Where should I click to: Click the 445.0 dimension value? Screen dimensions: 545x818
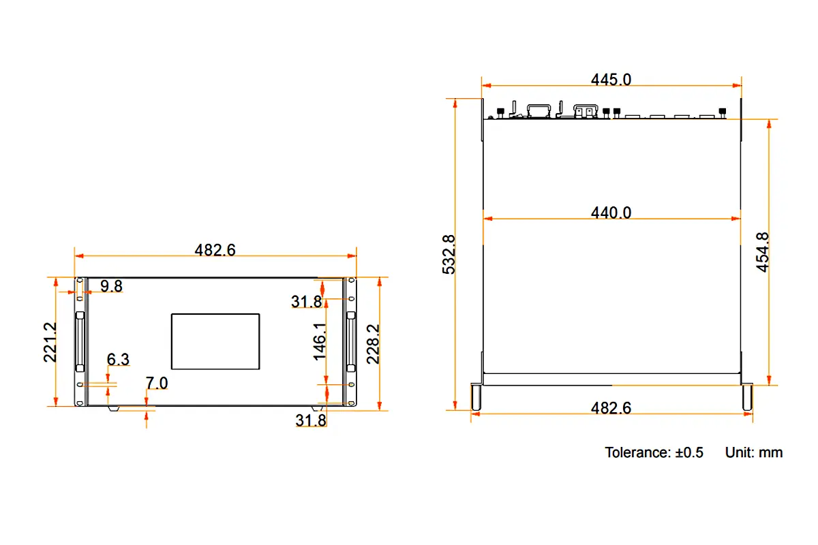click(x=611, y=80)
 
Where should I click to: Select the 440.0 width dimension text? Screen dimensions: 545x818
click(x=611, y=213)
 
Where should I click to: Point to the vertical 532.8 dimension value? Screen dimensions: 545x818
click(x=449, y=254)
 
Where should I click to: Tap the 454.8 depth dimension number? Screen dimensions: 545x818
click(x=763, y=252)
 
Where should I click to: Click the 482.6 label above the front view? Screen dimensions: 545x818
click(x=215, y=250)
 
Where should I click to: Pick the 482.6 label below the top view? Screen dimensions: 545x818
click(x=611, y=408)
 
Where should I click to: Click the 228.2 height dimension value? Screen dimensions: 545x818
click(x=372, y=344)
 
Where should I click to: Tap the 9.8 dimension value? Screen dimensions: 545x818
click(x=111, y=286)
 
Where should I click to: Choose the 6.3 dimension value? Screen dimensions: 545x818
click(x=117, y=360)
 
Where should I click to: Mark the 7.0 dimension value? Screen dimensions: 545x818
click(x=157, y=384)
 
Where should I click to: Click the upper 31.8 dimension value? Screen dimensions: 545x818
click(x=306, y=302)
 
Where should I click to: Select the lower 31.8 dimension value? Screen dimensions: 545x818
click(x=310, y=420)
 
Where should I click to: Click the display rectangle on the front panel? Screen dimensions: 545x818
click(x=215, y=342)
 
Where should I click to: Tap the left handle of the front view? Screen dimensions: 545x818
click(x=80, y=341)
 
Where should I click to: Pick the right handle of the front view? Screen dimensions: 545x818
click(x=350, y=341)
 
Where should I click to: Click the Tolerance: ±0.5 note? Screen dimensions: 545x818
click(x=654, y=452)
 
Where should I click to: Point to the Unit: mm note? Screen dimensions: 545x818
click(x=753, y=452)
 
